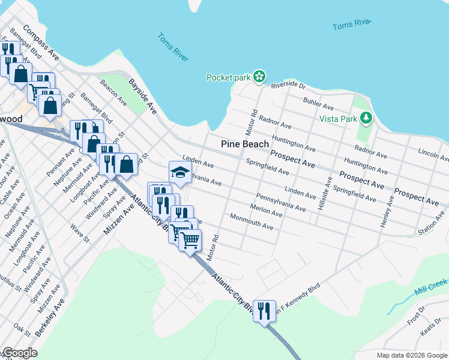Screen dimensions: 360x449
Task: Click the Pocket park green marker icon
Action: pos(259,77)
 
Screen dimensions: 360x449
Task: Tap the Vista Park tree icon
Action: pos(364,117)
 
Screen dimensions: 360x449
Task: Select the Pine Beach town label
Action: pos(245,144)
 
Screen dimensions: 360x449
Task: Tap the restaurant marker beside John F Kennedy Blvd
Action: pos(264,311)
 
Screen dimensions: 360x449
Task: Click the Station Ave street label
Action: pos(431,227)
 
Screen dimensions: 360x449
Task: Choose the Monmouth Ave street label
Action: pos(251,223)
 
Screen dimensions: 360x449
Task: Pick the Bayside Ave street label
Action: pos(143,95)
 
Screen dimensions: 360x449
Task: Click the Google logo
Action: pos(19,353)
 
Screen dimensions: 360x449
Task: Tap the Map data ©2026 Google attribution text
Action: pos(412,355)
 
